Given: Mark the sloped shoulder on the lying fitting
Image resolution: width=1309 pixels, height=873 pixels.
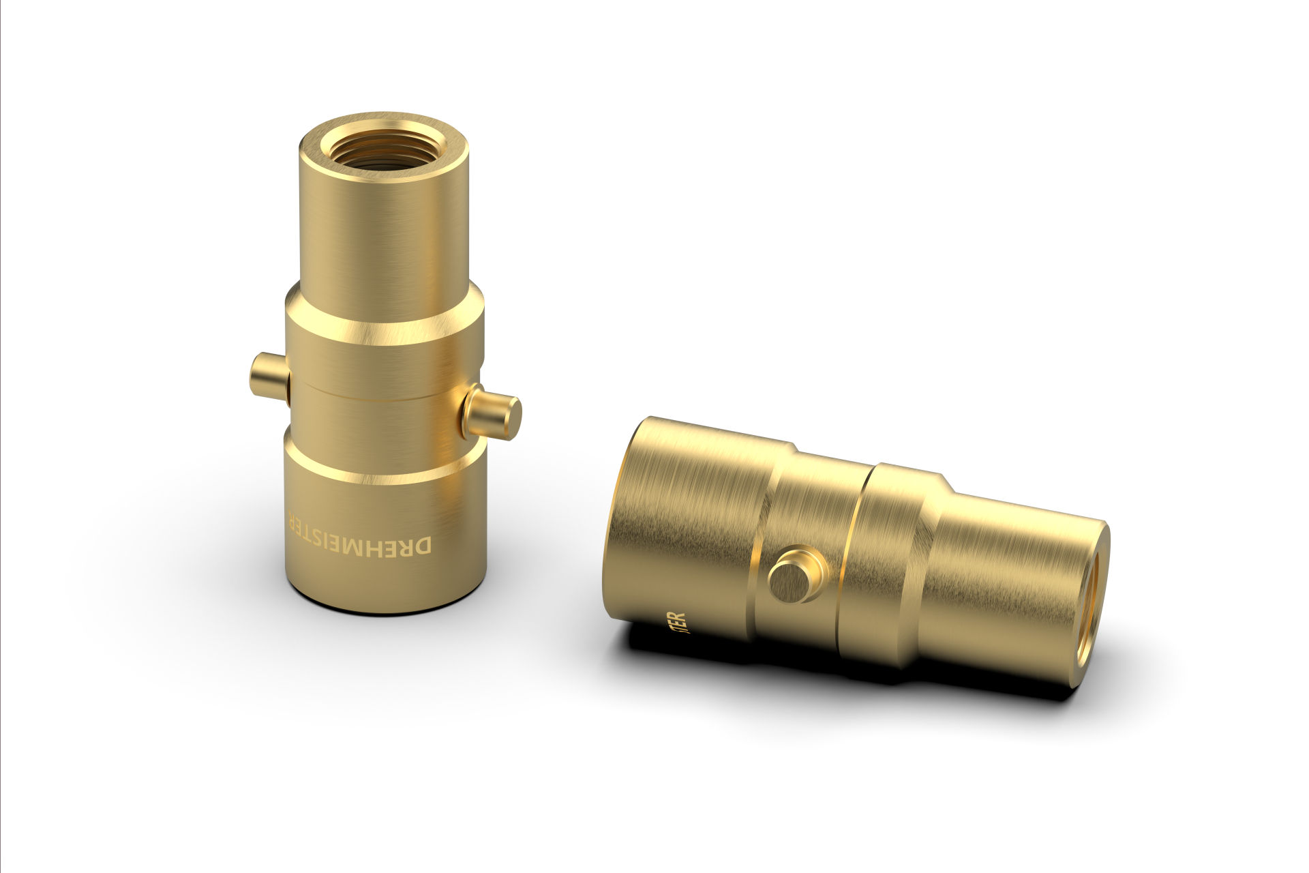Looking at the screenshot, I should click(937, 525).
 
